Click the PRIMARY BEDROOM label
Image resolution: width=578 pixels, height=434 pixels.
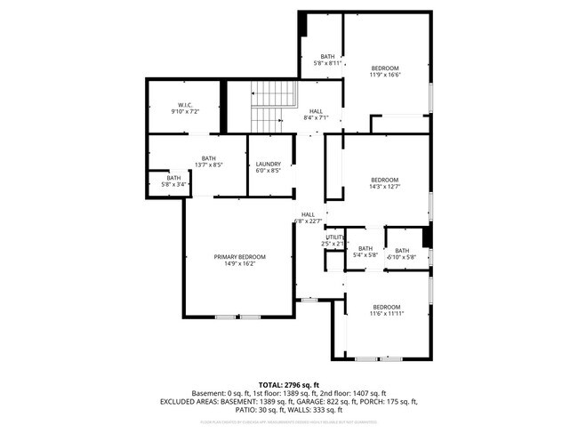point(239,257)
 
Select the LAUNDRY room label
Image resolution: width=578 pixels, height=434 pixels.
point(268,164)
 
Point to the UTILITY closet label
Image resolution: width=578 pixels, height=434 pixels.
point(333,237)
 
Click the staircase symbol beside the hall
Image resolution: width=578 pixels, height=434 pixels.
point(267,106)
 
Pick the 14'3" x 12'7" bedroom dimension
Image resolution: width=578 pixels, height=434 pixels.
point(385,187)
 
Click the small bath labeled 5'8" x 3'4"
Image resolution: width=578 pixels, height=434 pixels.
point(172,184)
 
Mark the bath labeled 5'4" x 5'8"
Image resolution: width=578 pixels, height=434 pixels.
point(365,255)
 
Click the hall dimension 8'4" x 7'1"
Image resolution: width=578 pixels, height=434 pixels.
point(316,117)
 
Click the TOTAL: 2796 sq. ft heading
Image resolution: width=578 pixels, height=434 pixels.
point(289,384)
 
